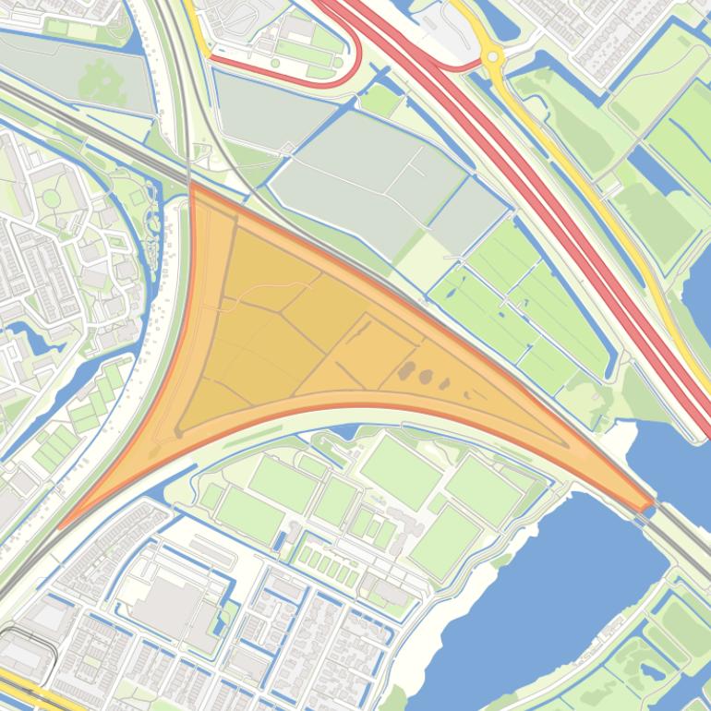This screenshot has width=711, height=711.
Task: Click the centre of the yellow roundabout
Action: (x=493, y=57)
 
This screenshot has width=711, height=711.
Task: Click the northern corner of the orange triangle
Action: (x=192, y=186)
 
